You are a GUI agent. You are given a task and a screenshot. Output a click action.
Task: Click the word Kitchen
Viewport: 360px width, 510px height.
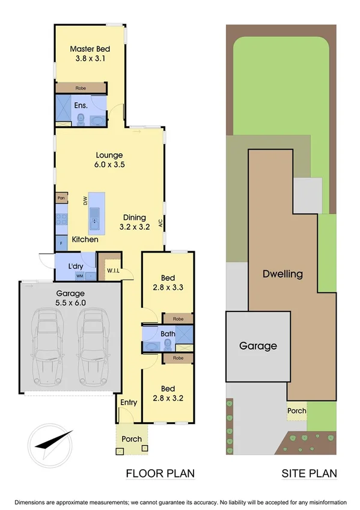click(x=85, y=239)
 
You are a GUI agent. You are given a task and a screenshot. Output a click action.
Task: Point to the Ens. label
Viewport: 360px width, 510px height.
click(x=81, y=105)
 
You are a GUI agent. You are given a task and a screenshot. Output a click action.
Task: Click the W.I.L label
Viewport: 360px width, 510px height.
click(x=113, y=269)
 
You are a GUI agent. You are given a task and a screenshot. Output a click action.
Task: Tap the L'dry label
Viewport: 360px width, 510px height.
click(x=76, y=265)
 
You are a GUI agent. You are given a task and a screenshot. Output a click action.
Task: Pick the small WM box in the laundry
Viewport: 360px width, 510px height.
click(x=79, y=275)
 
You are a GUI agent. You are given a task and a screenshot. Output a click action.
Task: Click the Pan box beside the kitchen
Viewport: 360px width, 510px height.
click(x=61, y=198)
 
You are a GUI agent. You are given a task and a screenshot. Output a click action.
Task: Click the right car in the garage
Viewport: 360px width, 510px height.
click(x=92, y=346)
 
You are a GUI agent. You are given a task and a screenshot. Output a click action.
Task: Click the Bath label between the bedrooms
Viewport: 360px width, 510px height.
click(x=168, y=333)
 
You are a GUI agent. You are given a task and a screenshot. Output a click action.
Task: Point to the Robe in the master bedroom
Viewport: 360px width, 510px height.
click(x=81, y=88)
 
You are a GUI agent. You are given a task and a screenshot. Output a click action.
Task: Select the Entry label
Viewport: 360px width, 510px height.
click(x=129, y=402)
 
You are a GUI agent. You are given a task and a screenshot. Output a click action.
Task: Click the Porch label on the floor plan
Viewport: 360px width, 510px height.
click(x=132, y=439)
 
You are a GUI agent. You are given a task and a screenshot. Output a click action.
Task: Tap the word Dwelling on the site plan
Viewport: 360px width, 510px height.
click(x=282, y=274)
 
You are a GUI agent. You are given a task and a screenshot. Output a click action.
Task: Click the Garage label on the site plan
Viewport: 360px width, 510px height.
click(x=258, y=346)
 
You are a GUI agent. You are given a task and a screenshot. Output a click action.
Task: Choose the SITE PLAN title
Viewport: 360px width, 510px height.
click(x=310, y=473)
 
